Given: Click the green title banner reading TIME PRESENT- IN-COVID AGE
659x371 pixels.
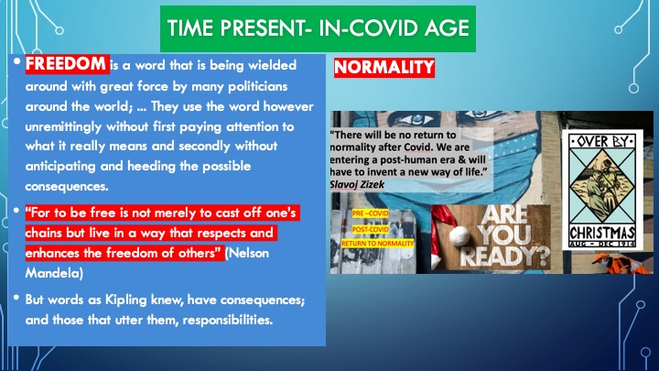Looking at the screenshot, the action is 318,28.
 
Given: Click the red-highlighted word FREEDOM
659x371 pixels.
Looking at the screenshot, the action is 67,64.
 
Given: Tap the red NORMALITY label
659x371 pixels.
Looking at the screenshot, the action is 384,67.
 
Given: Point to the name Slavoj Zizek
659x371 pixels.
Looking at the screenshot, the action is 357,184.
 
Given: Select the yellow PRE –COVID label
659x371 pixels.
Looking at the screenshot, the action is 371,213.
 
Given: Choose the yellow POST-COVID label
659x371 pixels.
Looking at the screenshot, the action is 371,229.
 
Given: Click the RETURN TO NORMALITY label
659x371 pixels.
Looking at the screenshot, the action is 377,243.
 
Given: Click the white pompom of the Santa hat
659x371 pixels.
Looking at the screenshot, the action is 459,235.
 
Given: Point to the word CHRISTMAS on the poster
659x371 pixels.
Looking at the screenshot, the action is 602,233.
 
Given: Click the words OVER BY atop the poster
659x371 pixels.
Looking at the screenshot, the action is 602,141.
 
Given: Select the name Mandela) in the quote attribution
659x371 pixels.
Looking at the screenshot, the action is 54,273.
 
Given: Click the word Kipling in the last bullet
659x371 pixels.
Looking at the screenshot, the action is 125,300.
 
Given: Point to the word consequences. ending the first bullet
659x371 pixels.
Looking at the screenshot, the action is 67,186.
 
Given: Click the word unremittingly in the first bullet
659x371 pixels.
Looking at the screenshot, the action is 63,126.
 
